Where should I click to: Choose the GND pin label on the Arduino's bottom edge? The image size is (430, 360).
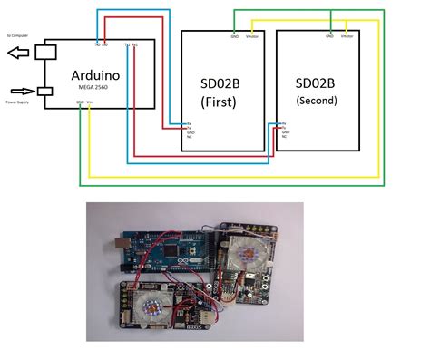80,103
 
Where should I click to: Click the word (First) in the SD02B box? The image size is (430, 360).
219,102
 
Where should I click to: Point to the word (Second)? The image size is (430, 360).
317,100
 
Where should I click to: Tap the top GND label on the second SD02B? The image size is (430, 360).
329,37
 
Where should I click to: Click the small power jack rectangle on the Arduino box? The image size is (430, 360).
42,92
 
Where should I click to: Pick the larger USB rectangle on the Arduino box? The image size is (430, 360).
46,53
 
